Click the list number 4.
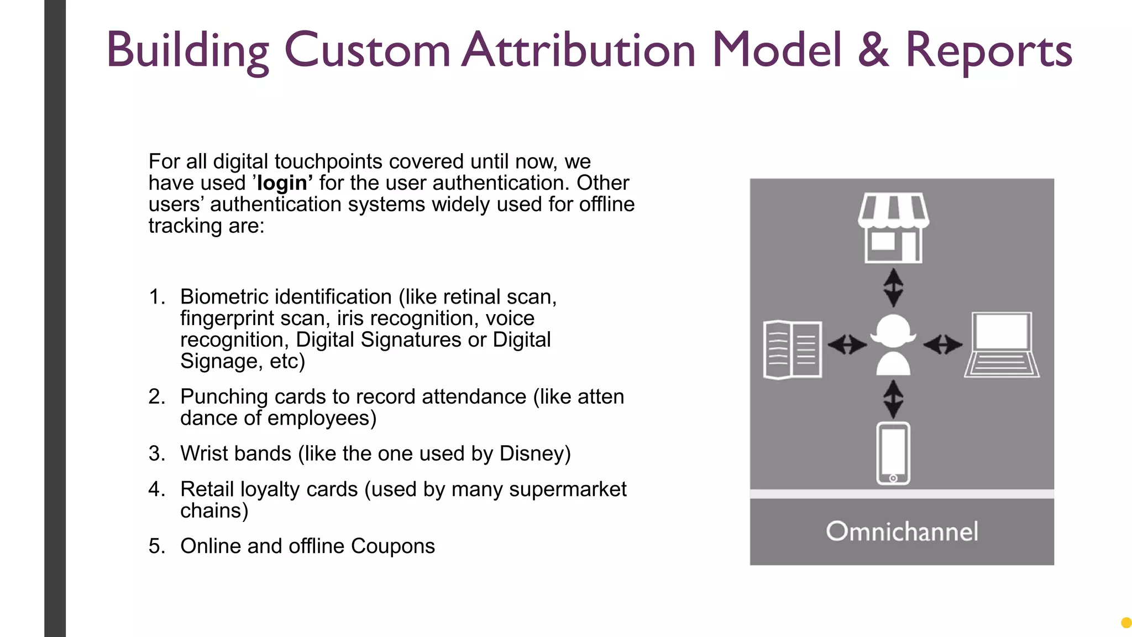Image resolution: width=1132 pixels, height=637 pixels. [156, 489]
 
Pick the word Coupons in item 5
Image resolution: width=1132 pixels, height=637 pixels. [392, 546]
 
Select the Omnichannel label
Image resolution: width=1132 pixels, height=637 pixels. [902, 531]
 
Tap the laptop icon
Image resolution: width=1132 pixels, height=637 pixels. [1002, 345]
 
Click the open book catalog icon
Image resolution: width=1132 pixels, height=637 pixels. [792, 349]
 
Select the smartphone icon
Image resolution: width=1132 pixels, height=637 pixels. [893, 453]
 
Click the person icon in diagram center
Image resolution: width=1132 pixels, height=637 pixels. [893, 345]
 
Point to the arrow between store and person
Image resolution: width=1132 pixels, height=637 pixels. [893, 288]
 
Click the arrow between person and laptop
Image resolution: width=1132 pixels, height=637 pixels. [942, 345]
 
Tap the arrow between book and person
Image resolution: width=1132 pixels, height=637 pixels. [847, 345]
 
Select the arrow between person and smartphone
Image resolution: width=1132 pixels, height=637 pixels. [893, 399]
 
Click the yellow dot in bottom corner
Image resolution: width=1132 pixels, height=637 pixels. [1126, 623]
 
